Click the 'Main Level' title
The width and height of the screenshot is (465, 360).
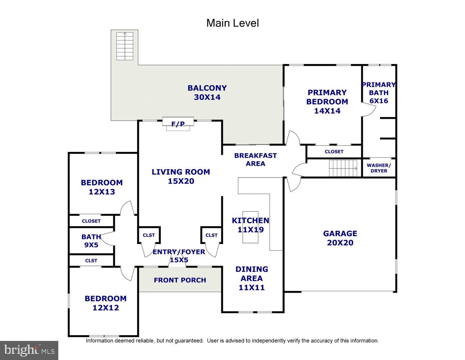pyautogui.click(x=232, y=23)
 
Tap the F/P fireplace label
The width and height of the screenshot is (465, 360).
pyautogui.click(x=178, y=124)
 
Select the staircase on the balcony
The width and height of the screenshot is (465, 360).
pyautogui.click(x=125, y=46)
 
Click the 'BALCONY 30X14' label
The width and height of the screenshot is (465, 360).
pyautogui.click(x=207, y=93)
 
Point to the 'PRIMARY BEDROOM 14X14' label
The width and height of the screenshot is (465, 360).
pyautogui.click(x=327, y=102)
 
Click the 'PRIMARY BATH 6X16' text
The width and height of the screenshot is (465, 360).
pyautogui.click(x=379, y=93)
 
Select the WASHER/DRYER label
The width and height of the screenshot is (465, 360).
pyautogui.click(x=379, y=168)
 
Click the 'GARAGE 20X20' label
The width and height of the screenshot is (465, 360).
pyautogui.click(x=340, y=238)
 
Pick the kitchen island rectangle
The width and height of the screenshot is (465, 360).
pyautogui.click(x=250, y=228)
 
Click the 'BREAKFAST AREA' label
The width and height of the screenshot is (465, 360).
pyautogui.click(x=255, y=159)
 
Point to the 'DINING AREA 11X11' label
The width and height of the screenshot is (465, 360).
pyautogui.click(x=252, y=278)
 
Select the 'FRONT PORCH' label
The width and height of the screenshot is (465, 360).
pyautogui.click(x=180, y=280)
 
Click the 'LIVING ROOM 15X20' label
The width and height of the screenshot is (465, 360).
pyautogui.click(x=181, y=176)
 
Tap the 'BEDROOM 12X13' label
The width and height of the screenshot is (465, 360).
pyautogui.click(x=102, y=187)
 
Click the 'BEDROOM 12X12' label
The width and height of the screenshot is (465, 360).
pyautogui.click(x=105, y=303)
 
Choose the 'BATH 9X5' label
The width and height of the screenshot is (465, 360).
pyautogui.click(x=91, y=241)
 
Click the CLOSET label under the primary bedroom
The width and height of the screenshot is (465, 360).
pyautogui.click(x=334, y=152)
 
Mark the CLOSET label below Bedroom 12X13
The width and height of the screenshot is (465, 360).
pyautogui.click(x=91, y=221)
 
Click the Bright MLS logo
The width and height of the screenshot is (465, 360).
pyautogui.click(x=29, y=350)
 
